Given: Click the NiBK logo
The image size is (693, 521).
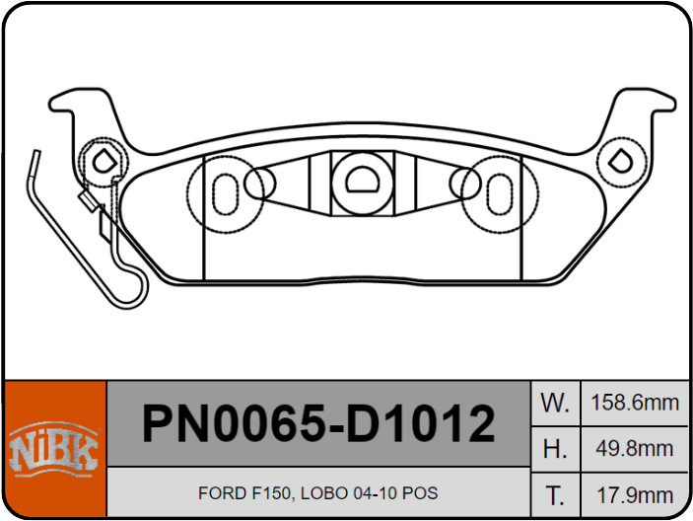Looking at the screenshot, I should [54, 450].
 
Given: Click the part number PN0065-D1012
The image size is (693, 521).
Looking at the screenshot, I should [318, 424].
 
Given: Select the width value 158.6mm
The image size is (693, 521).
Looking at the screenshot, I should [634, 403].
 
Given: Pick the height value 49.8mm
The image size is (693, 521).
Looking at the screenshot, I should [634, 449].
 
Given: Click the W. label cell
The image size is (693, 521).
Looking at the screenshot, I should [555, 403].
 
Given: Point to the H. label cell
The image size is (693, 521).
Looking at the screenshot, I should [555, 449].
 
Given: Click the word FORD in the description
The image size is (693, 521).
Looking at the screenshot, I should [219, 493].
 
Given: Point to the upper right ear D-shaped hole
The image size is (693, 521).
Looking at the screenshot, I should [622, 159].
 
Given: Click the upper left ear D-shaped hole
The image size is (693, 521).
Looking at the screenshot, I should [103, 159].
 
